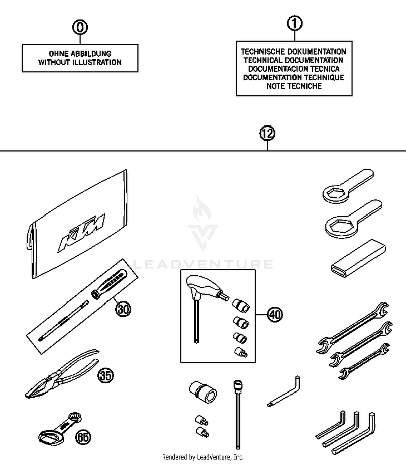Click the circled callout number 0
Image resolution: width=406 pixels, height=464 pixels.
[80, 27]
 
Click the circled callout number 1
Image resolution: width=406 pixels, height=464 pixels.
[294, 24]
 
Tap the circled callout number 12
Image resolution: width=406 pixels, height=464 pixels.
[267, 133]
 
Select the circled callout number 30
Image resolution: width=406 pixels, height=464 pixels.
[123, 309]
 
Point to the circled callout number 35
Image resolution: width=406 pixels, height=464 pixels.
[106, 375]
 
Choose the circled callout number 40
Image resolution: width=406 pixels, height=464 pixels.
[275, 315]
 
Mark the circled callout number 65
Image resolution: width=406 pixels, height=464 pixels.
[83, 437]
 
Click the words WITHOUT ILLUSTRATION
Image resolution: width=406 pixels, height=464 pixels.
[80, 62]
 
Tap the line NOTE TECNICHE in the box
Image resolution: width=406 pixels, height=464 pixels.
[294, 86]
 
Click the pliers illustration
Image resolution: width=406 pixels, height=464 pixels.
[61, 374]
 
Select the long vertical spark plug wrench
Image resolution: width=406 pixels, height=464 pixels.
[238, 415]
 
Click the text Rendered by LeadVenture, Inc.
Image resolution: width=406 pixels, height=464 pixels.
[203, 457]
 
